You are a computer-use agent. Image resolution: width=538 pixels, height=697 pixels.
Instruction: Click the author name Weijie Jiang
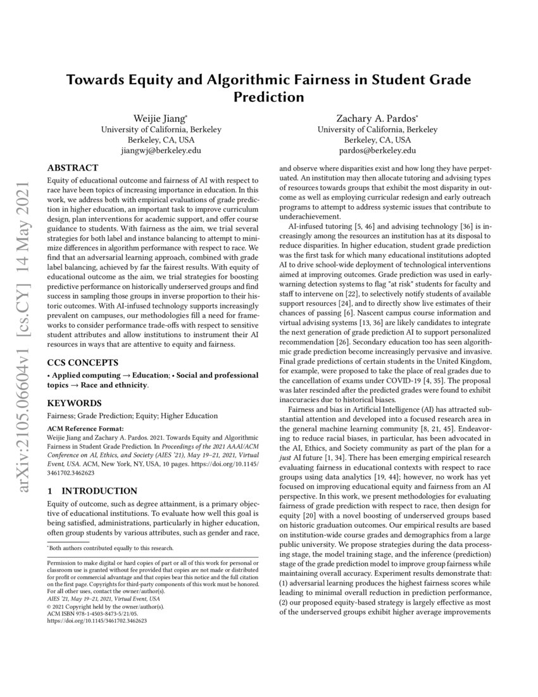pyautogui.click(x=161, y=118)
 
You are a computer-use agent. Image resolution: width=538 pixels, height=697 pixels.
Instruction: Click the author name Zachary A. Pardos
pyautogui.click(x=377, y=118)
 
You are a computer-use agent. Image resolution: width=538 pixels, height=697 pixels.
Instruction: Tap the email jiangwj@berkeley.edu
pyautogui.click(x=161, y=151)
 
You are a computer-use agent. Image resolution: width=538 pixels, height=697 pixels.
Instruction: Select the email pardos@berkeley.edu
pyautogui.click(x=377, y=151)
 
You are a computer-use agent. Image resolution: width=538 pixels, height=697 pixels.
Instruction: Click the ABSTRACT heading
pyautogui.click(x=73, y=168)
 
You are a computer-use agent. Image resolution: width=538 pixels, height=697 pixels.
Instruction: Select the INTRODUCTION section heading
pyautogui.click(x=101, y=491)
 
